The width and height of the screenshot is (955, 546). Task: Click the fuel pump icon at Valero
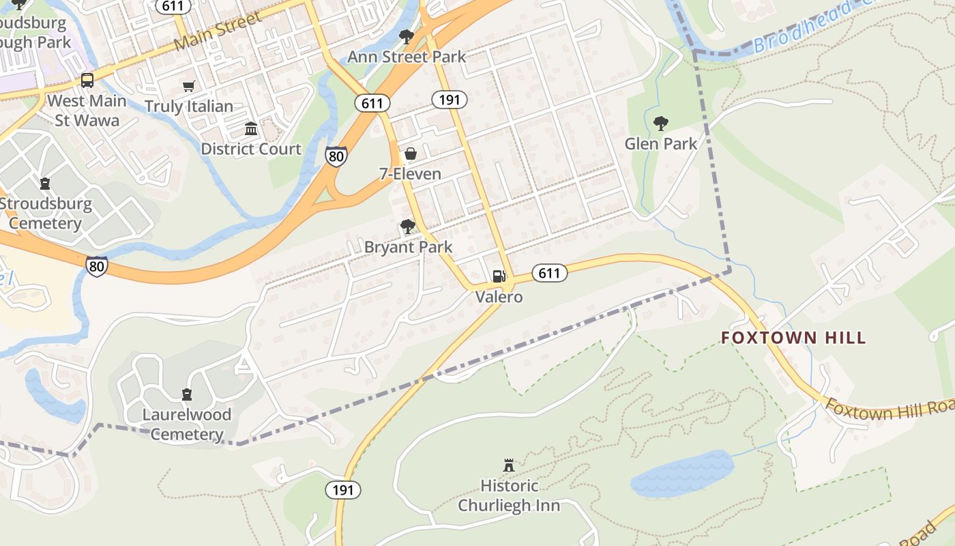[x=499, y=276]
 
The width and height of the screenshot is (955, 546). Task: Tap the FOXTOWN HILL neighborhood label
[x=793, y=337]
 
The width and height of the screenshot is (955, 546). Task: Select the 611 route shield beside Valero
[x=549, y=274]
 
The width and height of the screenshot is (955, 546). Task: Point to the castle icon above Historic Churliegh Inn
[x=508, y=465]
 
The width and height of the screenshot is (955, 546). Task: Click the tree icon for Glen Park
[x=660, y=124]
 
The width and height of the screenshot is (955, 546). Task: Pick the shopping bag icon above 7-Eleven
[x=411, y=154]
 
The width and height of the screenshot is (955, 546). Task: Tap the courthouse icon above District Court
[x=251, y=128]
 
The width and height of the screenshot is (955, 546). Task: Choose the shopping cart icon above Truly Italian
[x=188, y=86]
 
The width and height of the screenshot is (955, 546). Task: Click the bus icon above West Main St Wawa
[x=87, y=80]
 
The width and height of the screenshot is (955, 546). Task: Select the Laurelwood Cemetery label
[x=187, y=424]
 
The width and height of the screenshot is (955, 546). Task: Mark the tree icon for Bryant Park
[x=408, y=226]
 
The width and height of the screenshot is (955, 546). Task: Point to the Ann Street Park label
[x=407, y=57]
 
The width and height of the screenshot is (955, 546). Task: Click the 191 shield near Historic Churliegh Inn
[x=343, y=489]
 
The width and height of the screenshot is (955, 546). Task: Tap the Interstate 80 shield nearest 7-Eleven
[x=336, y=156]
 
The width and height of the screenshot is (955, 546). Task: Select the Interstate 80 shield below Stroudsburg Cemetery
[x=97, y=266]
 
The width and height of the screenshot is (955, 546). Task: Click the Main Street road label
[x=218, y=32]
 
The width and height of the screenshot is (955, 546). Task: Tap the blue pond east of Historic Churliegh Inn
[x=682, y=473]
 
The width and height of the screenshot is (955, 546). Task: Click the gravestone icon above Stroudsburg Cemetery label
[x=45, y=184]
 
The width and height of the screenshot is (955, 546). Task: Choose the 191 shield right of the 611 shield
[x=450, y=100]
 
